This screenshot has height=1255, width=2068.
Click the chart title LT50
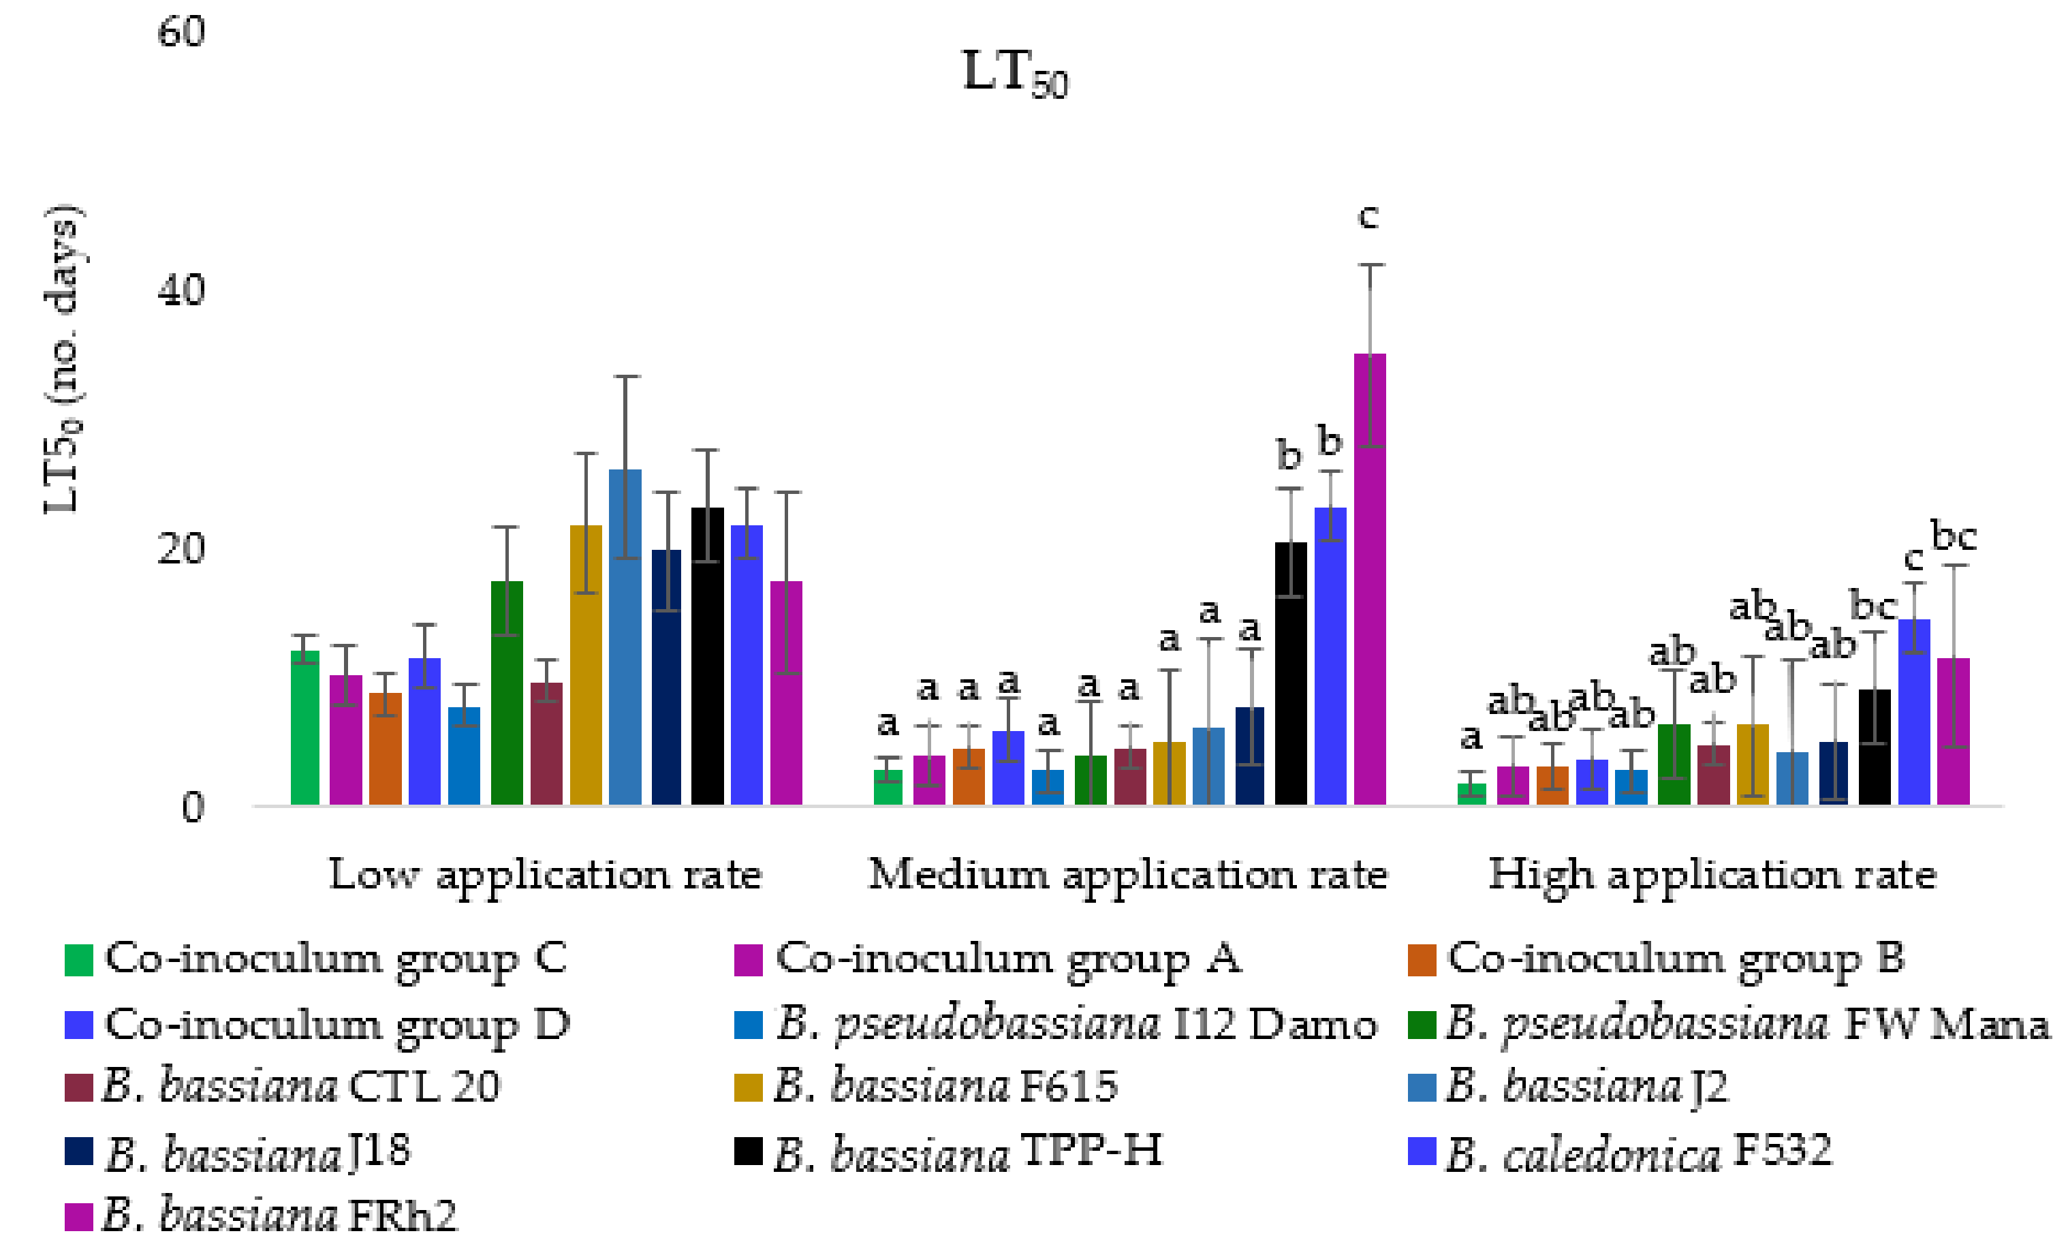pos(1014,74)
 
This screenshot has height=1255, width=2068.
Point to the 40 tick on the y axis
pos(181,290)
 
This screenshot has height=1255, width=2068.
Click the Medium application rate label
pos(1127,875)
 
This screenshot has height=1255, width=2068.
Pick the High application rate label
pos(1712,875)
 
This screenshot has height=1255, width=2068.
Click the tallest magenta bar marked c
pos(1369,579)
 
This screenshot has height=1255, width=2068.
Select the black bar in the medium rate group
pos(1290,673)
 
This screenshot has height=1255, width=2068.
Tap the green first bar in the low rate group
pos(304,727)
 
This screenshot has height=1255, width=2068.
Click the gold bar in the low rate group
pos(586,665)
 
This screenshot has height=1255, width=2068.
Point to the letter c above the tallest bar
pos(1368,217)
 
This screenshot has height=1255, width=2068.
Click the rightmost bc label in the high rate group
pos(1954,536)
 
